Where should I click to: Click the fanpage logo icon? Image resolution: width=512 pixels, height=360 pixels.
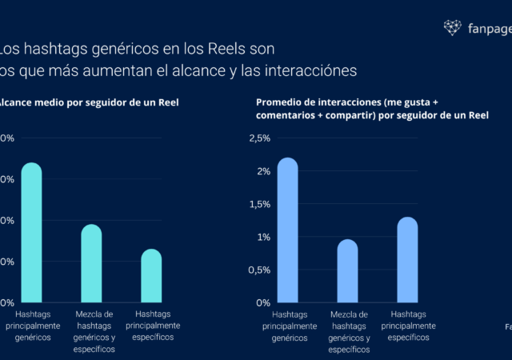click(453, 28)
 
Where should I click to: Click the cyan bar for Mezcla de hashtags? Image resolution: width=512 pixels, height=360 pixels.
click(91, 263)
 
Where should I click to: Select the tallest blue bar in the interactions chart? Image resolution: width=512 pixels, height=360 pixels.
click(287, 230)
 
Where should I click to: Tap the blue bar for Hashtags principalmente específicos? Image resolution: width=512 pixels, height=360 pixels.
click(407, 259)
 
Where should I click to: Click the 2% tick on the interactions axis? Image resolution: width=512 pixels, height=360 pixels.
click(263, 171)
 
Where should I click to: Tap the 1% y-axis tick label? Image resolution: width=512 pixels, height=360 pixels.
click(263, 238)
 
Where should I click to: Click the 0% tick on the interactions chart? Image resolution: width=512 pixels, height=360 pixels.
click(263, 303)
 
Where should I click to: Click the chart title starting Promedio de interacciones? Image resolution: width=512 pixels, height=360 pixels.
click(372, 109)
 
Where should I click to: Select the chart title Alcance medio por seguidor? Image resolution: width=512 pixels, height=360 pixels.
click(88, 103)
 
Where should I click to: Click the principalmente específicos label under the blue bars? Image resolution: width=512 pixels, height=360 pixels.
click(408, 326)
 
